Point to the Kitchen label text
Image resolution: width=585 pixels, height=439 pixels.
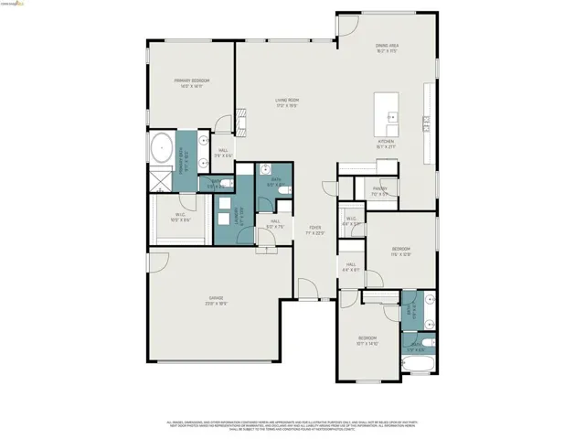pos(388,142)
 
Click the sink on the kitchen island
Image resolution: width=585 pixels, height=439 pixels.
pos(391,116)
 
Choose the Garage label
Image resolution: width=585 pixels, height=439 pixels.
pos(216,299)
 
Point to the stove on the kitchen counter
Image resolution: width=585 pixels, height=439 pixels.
pos(426,120)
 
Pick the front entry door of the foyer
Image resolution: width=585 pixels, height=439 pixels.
pos(309,291)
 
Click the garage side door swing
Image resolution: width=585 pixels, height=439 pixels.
pos(159,262)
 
